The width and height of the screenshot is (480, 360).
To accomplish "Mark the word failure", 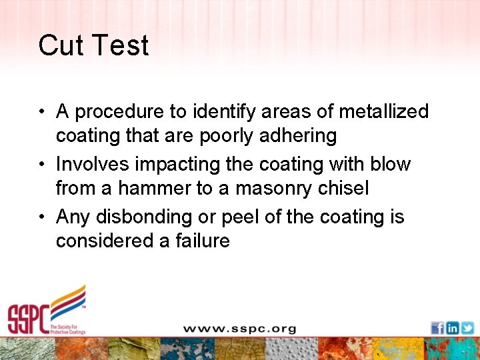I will [x=203, y=241].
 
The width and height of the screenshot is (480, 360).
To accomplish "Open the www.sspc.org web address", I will [x=239, y=329].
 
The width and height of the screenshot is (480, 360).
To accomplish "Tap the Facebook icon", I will [x=437, y=328].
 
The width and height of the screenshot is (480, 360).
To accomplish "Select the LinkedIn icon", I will [x=452, y=328].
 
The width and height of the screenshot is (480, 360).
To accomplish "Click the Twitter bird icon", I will [x=467, y=328].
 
